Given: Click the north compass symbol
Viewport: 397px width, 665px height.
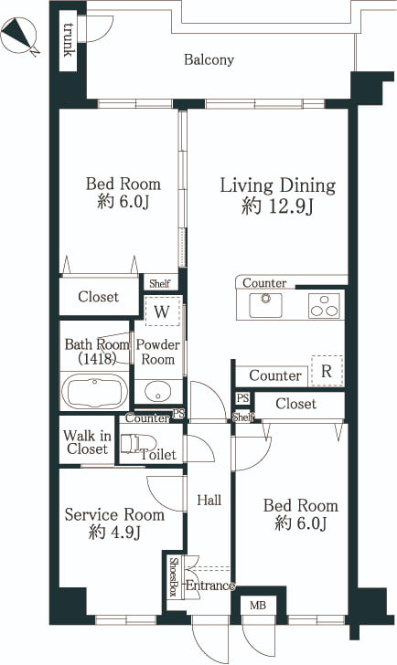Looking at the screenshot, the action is pyautogui.click(x=19, y=37).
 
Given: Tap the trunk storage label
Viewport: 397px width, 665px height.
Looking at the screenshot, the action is pyautogui.click(x=68, y=39).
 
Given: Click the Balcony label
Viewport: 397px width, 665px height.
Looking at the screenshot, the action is pyautogui.click(x=209, y=59).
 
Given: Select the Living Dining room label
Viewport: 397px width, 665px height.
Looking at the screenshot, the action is pyautogui.click(x=278, y=185).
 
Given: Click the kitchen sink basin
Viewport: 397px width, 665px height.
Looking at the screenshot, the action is pyautogui.click(x=266, y=305).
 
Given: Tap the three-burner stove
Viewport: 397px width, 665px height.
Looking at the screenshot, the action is pyautogui.click(x=325, y=306).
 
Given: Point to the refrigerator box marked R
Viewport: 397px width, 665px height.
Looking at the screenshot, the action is pyautogui.click(x=327, y=371).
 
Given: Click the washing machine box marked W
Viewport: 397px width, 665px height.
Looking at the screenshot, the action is pyautogui.click(x=162, y=311).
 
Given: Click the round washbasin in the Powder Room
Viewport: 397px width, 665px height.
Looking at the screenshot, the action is pyautogui.click(x=157, y=392).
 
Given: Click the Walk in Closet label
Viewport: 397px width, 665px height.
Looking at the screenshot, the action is pyautogui.click(x=87, y=442).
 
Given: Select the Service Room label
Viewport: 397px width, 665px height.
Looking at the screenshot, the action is pyautogui.click(x=114, y=515).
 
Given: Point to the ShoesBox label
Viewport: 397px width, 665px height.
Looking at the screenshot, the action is pyautogui.click(x=173, y=576).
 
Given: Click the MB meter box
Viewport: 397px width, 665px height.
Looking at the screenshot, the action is pyautogui.click(x=258, y=606).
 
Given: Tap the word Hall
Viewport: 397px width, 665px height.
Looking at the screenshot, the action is pyautogui.click(x=209, y=500).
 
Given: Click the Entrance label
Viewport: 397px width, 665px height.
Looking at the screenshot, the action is pyautogui.click(x=210, y=586).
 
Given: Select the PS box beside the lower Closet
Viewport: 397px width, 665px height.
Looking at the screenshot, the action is pyautogui.click(x=243, y=398).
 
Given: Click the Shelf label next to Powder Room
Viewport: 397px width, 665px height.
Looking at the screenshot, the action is pyautogui.click(x=160, y=283).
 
